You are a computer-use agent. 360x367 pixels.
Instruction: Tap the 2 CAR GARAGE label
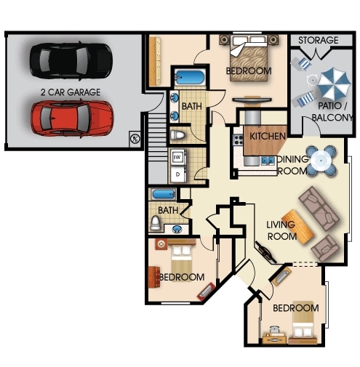pos(71,92)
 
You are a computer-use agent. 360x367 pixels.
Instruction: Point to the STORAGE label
pos(318,40)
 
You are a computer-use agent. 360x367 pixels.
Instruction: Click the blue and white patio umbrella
pos(334,83)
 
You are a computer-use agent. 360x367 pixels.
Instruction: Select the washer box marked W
pos(177,157)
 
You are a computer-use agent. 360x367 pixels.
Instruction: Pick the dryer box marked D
pos(177,174)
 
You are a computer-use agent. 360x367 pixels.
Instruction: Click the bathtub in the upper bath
pos(191,77)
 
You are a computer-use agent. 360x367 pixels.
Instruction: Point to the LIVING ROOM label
pos(281,230)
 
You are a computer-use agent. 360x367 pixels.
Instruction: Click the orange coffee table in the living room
pos(305,229)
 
